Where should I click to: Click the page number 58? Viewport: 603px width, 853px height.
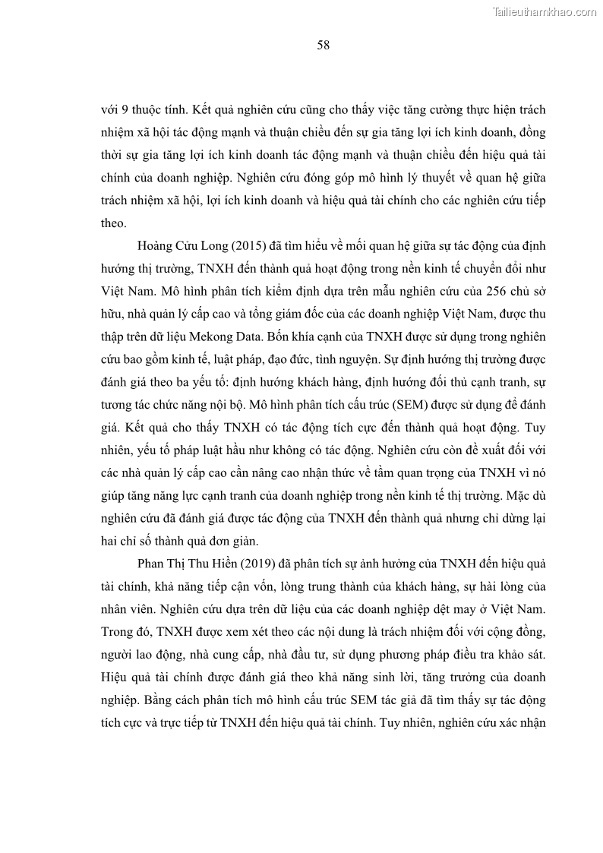click(x=323, y=46)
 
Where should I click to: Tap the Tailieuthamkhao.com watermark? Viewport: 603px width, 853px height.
click(x=545, y=12)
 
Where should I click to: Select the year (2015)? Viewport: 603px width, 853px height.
click(x=232, y=246)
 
